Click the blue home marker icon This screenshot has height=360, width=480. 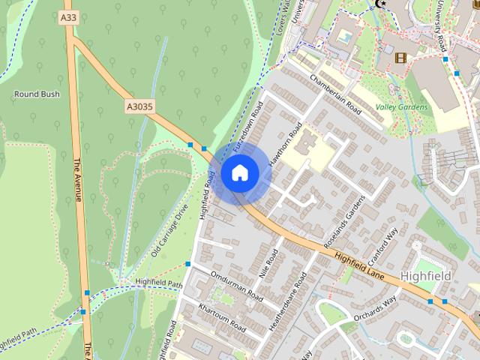[239, 173]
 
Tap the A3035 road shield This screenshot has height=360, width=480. [139, 107]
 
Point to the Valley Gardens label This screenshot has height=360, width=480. [402, 107]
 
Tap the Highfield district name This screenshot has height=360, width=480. [425, 276]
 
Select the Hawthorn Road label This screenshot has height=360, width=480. [286, 142]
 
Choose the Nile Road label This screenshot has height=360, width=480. [269, 264]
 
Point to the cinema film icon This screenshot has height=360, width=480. [400, 58]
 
